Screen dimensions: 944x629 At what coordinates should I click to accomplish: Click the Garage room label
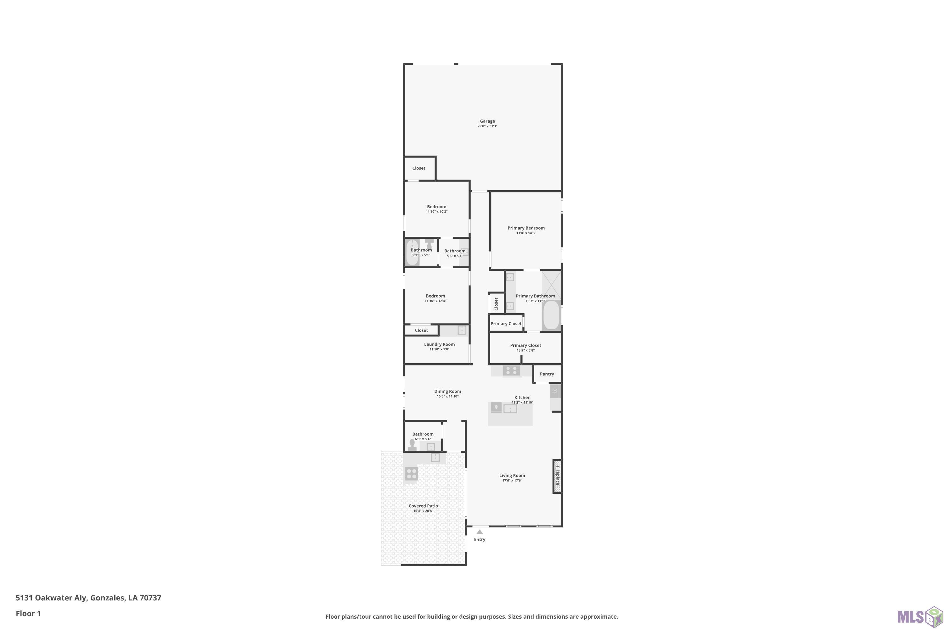tap(487, 121)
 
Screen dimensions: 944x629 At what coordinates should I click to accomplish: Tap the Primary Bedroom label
tap(526, 228)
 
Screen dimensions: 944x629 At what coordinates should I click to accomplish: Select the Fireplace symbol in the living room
tap(557, 476)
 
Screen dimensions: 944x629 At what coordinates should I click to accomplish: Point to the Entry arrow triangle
tap(480, 532)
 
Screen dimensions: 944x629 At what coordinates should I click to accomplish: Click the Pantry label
tap(547, 374)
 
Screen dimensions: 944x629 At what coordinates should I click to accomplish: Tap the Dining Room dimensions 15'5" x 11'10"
tap(447, 396)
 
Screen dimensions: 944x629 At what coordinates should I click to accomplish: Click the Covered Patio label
tap(423, 506)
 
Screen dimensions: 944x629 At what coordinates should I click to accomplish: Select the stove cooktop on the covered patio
tap(411, 474)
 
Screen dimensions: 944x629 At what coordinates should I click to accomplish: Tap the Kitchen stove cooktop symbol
tap(511, 370)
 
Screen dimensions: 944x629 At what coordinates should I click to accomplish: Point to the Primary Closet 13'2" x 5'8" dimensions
tap(525, 350)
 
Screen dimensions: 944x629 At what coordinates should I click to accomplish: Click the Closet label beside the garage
tap(419, 168)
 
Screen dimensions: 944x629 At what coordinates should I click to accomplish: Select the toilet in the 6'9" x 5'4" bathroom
tap(412, 445)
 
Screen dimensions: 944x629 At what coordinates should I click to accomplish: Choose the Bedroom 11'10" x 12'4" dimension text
tap(435, 301)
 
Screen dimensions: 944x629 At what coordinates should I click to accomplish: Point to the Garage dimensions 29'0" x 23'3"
tap(487, 126)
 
